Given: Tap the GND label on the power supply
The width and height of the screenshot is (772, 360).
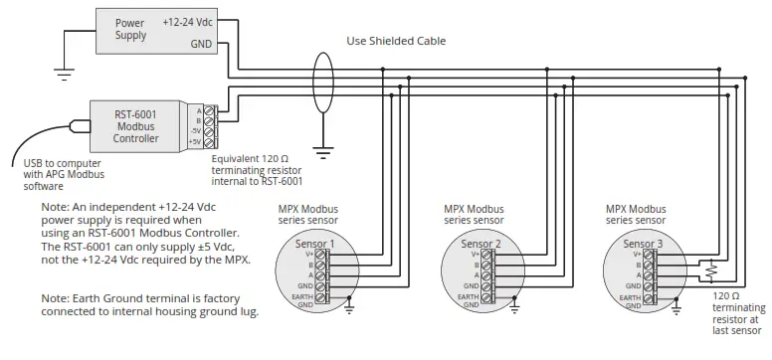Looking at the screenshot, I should [x=200, y=44].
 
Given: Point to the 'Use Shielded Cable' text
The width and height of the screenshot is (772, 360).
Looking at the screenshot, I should [x=395, y=41].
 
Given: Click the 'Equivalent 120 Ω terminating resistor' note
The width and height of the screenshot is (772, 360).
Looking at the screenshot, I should [x=258, y=169].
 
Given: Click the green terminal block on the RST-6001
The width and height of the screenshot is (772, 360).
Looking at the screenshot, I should [x=209, y=126].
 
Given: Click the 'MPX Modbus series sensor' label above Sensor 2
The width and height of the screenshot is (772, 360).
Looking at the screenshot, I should [x=474, y=215].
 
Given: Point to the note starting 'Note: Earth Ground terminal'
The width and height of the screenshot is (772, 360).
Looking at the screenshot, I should [x=150, y=304].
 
